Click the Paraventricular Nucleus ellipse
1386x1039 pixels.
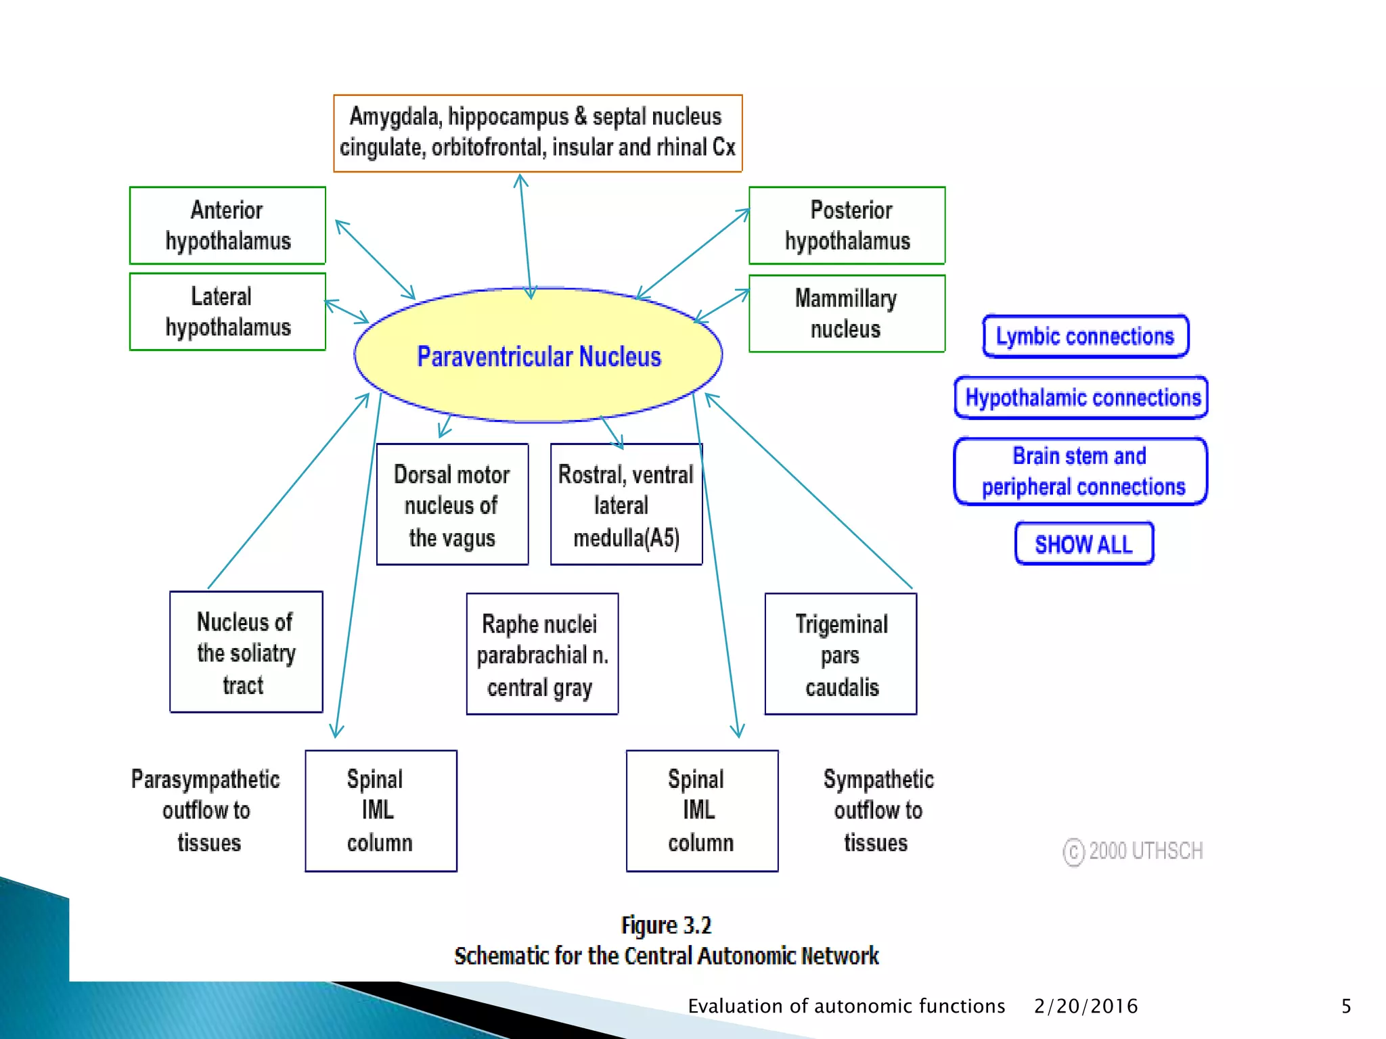pyautogui.click(x=538, y=356)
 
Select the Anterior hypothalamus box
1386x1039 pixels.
pyautogui.click(x=227, y=225)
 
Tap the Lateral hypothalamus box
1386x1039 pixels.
pyautogui.click(x=227, y=312)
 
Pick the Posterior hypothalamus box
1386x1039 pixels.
pyautogui.click(x=847, y=225)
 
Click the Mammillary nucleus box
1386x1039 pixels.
pyautogui.click(x=847, y=313)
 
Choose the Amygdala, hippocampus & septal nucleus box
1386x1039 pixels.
pyautogui.click(x=537, y=133)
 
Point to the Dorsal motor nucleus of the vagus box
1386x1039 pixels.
pyautogui.click(x=452, y=505)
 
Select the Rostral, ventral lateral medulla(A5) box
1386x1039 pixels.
pyautogui.click(x=626, y=505)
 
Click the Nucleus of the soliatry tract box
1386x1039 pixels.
pyautogui.click(x=246, y=652)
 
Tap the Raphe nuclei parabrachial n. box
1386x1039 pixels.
pyautogui.click(x=542, y=654)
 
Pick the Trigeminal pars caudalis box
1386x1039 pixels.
pyautogui.click(x=841, y=654)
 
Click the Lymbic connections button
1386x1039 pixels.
pyautogui.click(x=1085, y=336)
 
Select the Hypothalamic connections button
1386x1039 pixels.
pyautogui.click(x=1081, y=398)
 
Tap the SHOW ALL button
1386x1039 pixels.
pyautogui.click(x=1083, y=544)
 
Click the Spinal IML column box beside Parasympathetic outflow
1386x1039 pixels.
pyautogui.click(x=380, y=811)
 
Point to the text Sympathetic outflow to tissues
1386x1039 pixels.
pyautogui.click(x=878, y=810)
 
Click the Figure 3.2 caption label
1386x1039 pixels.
pyautogui.click(x=666, y=925)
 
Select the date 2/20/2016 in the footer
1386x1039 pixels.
pyautogui.click(x=1086, y=1007)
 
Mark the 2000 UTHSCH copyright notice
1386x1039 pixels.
pyautogui.click(x=1133, y=851)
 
